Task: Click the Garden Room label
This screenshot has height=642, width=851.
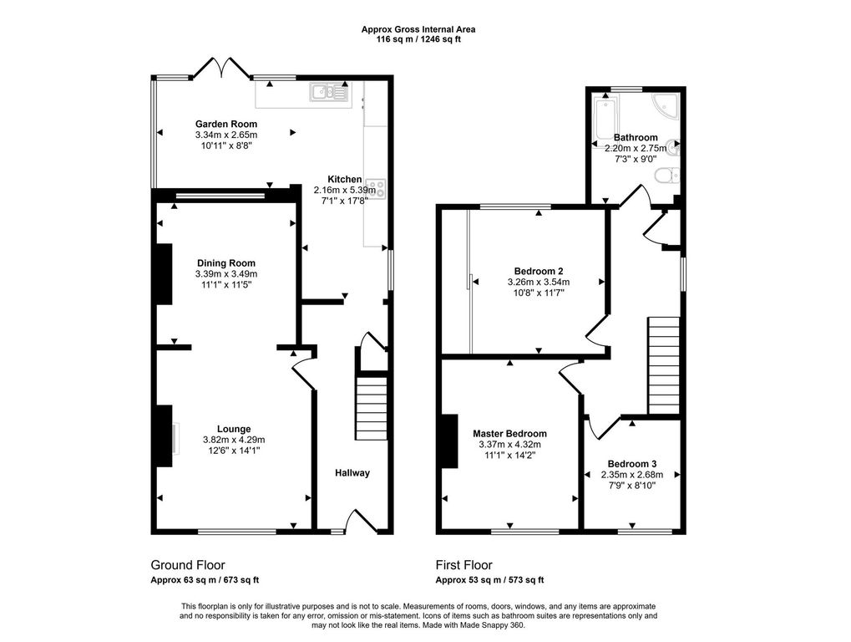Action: [226, 124]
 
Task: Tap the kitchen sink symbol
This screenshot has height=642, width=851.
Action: [330, 92]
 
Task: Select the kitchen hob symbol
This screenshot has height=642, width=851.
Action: [375, 188]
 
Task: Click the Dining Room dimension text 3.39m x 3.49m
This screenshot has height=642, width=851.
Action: [226, 273]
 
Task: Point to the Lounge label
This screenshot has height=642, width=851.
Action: [234, 429]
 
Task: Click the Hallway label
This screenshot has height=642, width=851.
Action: [352, 473]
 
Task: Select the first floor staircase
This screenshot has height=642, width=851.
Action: [664, 365]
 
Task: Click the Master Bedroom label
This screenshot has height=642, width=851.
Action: [509, 433]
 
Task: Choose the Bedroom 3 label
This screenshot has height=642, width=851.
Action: [632, 464]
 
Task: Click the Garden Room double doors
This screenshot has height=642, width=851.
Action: [221, 68]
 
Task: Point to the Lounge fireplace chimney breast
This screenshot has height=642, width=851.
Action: [164, 436]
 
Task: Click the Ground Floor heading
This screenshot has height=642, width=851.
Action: [188, 565]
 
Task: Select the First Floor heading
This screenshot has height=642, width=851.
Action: [464, 565]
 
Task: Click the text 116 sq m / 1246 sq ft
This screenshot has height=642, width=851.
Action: [418, 39]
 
